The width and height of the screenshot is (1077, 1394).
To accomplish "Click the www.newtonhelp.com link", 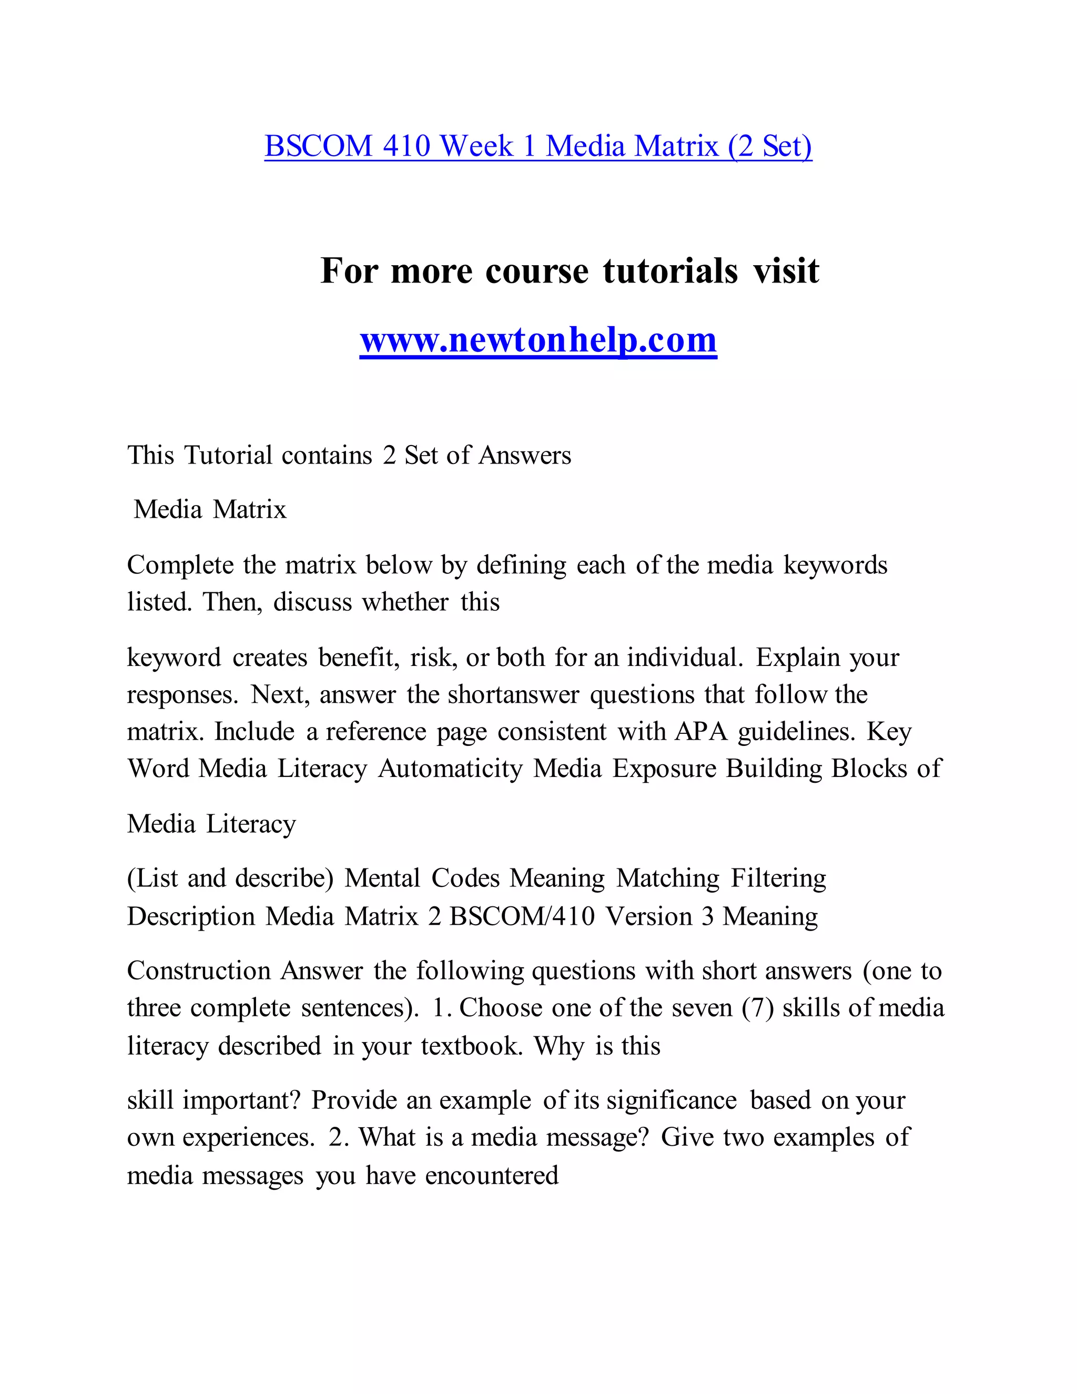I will pyautogui.click(x=538, y=340).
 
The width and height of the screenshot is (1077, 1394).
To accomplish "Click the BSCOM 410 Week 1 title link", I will pyautogui.click(x=538, y=146).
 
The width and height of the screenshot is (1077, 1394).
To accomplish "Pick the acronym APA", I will pyautogui.click(x=700, y=732).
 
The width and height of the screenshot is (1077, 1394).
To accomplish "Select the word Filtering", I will pyautogui.click(x=778, y=879).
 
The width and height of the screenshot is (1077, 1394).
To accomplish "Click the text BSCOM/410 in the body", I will pyautogui.click(x=522, y=916).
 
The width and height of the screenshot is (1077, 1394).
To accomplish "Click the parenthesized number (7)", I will pyautogui.click(x=757, y=1008).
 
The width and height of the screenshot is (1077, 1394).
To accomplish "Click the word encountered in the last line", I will pyautogui.click(x=491, y=1176).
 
